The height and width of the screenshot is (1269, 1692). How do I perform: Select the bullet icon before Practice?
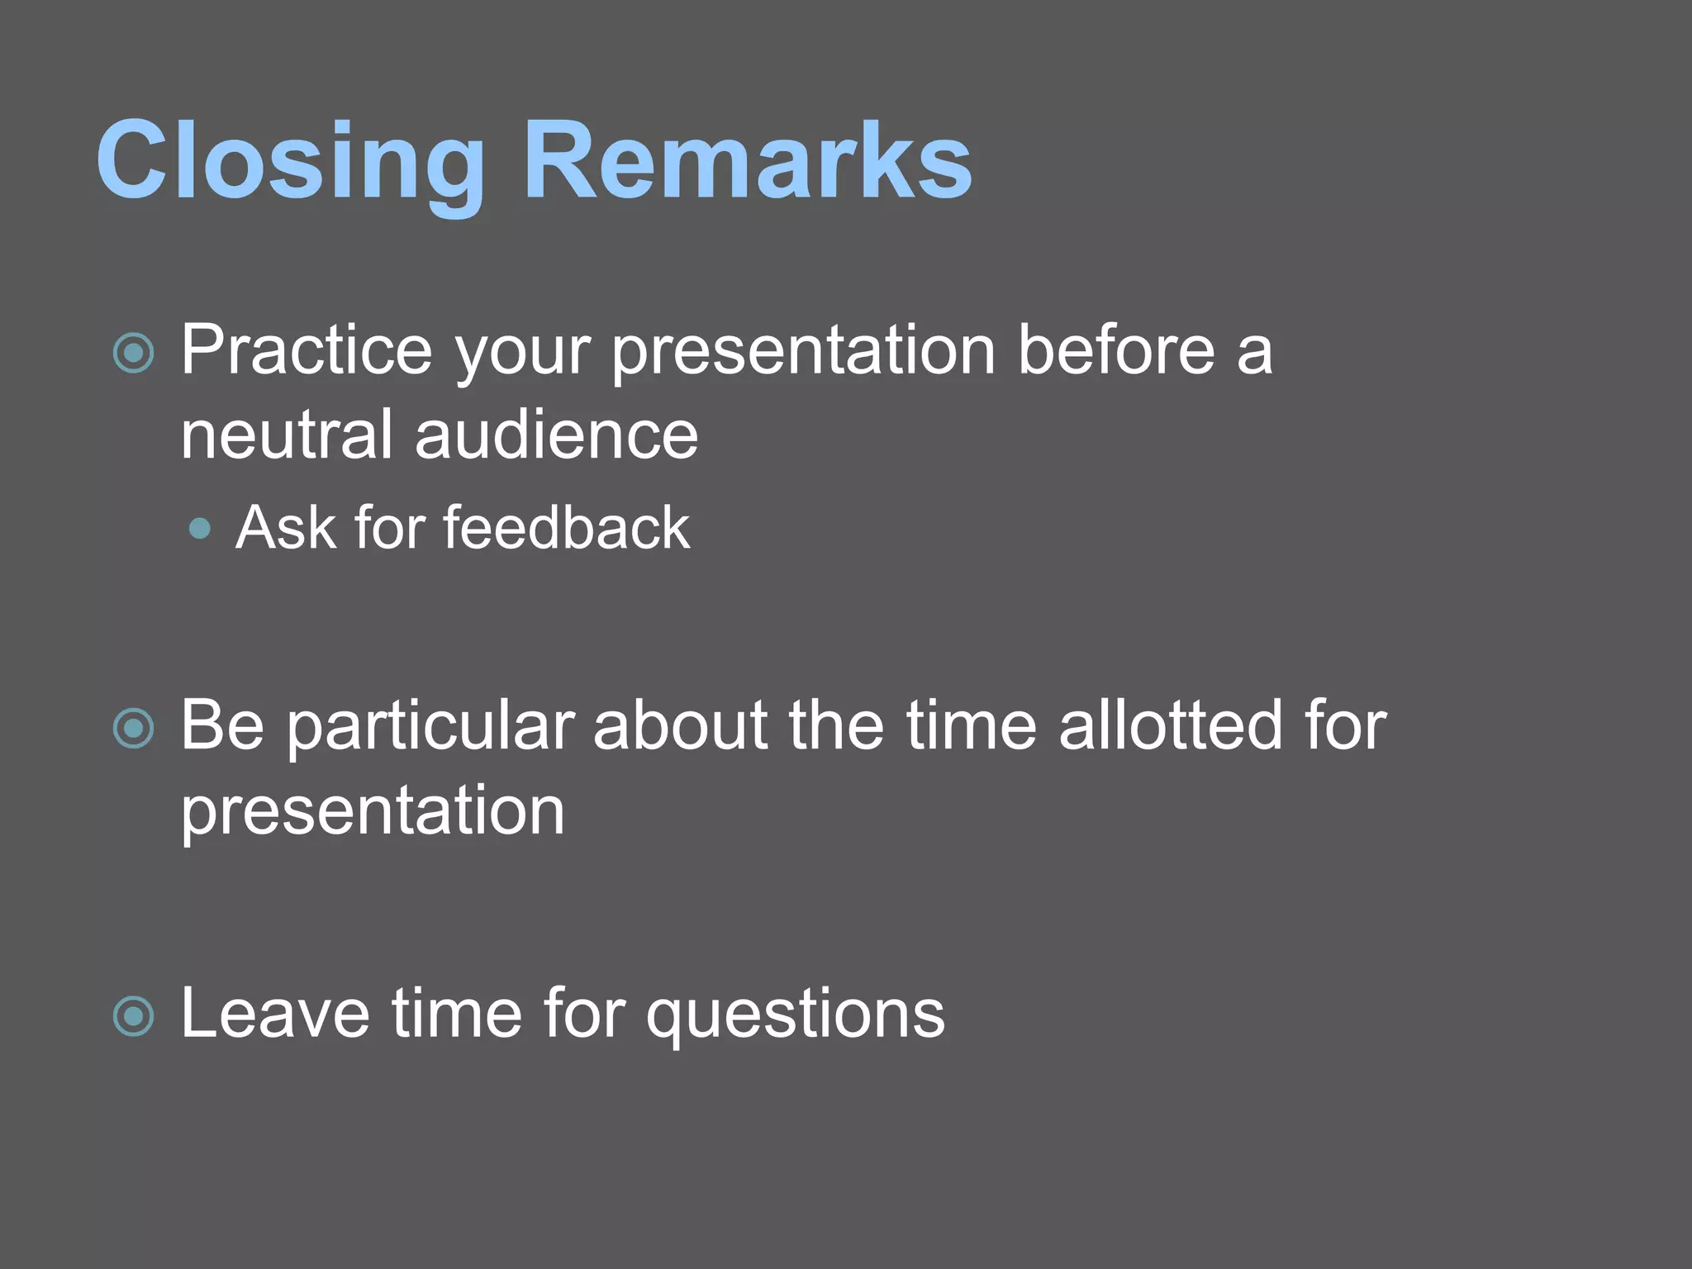click(133, 354)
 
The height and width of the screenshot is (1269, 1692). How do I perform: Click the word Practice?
click(307, 350)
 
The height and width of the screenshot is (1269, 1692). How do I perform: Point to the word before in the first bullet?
click(1116, 350)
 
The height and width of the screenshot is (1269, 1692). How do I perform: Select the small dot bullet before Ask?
click(199, 529)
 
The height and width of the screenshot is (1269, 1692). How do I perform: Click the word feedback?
click(566, 527)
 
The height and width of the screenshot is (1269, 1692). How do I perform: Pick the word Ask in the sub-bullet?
click(285, 527)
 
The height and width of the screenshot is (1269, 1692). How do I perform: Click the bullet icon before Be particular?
click(133, 729)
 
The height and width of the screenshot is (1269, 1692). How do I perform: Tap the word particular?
click(430, 727)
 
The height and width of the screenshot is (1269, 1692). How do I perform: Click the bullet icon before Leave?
click(133, 1016)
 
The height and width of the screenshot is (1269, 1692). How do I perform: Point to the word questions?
click(795, 1016)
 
